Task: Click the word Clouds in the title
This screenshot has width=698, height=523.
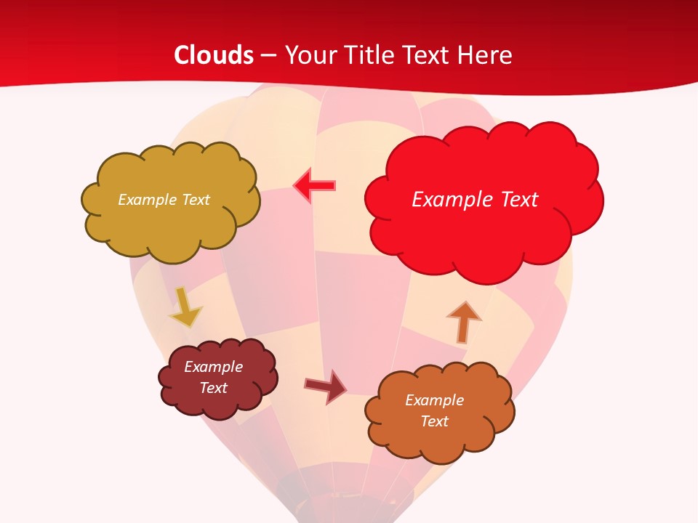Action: point(214,55)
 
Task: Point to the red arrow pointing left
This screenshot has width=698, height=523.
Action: point(314,186)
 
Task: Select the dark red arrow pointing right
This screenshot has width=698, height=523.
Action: point(326,386)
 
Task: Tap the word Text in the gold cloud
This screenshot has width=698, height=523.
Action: point(194,200)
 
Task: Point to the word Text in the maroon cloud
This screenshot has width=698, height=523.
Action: point(214,388)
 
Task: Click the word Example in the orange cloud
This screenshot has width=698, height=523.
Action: point(434,400)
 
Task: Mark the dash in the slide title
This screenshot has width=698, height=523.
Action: point(269,55)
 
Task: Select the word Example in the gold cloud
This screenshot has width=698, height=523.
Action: point(146,200)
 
